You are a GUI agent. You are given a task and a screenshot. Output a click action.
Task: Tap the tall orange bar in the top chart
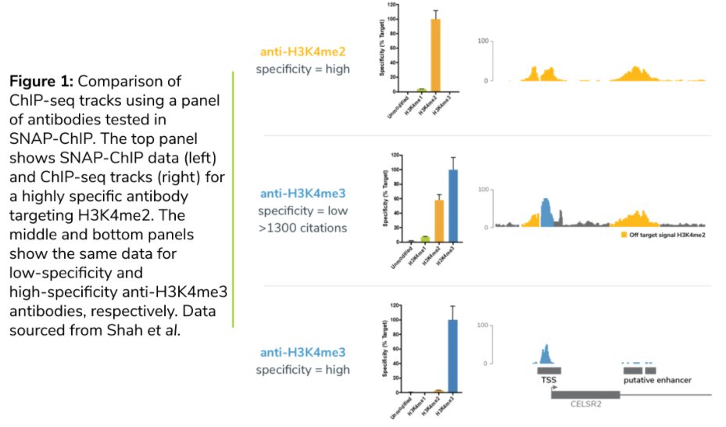(435, 55)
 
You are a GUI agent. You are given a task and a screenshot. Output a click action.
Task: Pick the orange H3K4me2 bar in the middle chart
(438, 221)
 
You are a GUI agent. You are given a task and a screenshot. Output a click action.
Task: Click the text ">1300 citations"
(305, 228)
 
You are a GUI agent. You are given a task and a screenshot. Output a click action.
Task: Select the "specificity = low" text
(305, 211)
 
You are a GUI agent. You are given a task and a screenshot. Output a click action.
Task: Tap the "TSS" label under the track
(549, 381)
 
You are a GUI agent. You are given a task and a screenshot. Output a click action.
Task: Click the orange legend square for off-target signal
(623, 235)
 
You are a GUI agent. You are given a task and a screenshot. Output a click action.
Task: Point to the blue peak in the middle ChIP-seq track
(546, 212)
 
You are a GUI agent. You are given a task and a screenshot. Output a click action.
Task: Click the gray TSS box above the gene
(549, 371)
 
